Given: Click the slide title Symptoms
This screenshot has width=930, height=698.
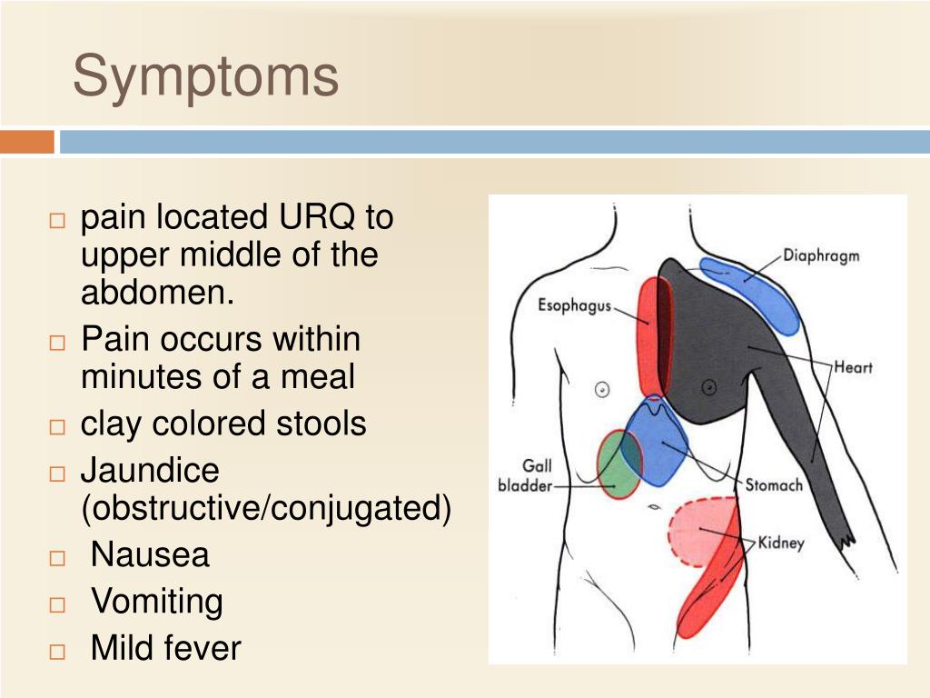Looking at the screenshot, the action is click(205, 77).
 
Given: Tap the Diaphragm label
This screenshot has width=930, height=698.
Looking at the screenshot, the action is click(821, 255).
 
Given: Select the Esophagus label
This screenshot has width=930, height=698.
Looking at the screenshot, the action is click(574, 305).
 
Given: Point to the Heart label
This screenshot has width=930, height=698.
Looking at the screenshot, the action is click(853, 367).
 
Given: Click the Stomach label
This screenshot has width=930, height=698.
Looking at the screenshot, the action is click(774, 485).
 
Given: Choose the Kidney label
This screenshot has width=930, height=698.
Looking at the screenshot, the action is click(781, 543).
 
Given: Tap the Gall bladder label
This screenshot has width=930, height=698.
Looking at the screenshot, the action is click(526, 475).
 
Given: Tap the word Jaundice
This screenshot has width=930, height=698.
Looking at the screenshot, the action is click(150, 470).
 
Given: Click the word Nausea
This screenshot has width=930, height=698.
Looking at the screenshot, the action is click(150, 554).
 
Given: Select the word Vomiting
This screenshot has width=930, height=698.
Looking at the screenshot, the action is click(157, 602).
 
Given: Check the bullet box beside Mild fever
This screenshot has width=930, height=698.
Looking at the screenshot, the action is click(57, 652).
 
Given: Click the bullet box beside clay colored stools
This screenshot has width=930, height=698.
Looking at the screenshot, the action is click(57, 427).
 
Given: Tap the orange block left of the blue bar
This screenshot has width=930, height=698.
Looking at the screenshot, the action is click(27, 142).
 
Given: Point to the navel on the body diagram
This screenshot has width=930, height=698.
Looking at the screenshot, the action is click(654, 507).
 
